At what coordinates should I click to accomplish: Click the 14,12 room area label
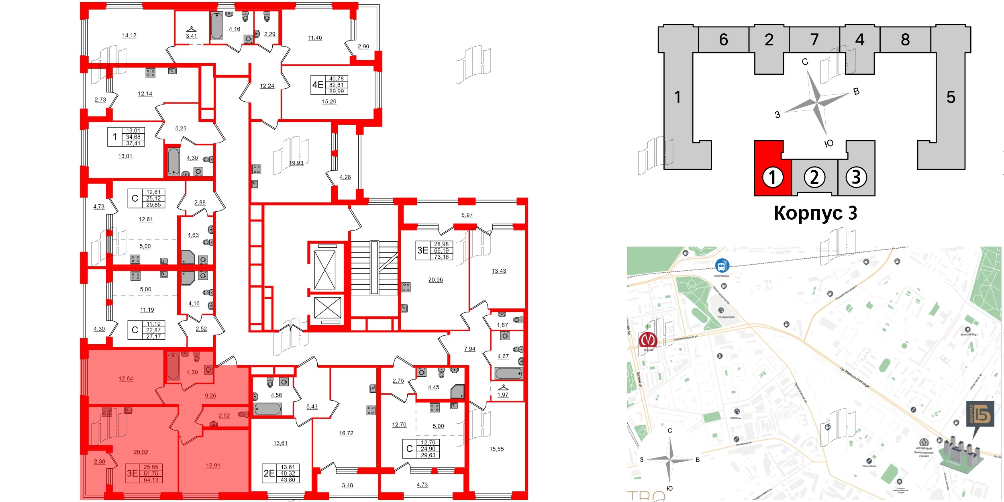click(x=129, y=36)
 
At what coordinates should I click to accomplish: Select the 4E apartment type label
click(x=318, y=85)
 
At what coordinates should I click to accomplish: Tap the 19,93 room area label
click(x=296, y=163)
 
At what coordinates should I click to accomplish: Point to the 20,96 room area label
click(x=435, y=280)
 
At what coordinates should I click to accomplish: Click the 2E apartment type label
click(x=269, y=473)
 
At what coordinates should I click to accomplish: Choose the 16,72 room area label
click(x=346, y=433)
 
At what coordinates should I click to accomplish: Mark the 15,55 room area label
click(x=496, y=449)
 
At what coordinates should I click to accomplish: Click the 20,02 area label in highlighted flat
click(x=141, y=452)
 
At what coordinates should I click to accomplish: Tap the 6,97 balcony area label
click(x=467, y=215)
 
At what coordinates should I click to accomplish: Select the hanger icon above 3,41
click(x=192, y=29)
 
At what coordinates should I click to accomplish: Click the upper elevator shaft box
click(x=325, y=270)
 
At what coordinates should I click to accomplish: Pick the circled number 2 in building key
click(x=814, y=178)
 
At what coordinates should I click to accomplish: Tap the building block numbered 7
click(x=814, y=40)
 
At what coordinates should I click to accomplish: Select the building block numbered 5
click(x=951, y=97)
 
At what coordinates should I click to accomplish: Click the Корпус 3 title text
click(x=815, y=213)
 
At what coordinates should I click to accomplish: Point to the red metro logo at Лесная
click(x=647, y=340)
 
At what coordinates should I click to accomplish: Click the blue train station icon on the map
click(x=722, y=265)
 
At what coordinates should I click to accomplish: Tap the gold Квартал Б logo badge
click(x=980, y=414)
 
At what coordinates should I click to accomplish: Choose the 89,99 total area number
click(x=337, y=92)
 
